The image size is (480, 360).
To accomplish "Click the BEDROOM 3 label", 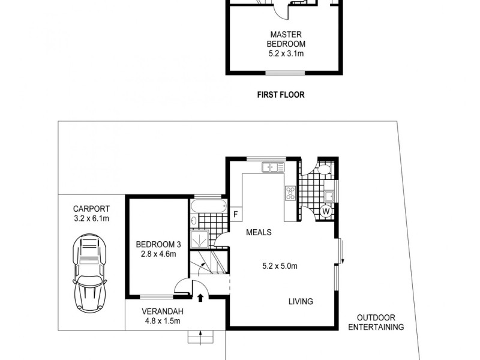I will coord(158,244).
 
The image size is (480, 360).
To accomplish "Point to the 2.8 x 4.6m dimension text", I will coord(158,254).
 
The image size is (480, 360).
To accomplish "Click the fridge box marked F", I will coord(236,214).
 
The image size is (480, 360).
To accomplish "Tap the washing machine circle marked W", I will coord(325,211).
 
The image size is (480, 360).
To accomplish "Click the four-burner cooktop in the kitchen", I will coord(290,193).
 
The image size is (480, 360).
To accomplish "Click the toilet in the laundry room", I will coord(325,170).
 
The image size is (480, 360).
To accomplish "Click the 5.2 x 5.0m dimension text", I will coord(280,266).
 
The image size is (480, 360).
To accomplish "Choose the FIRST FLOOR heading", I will coord(281,94).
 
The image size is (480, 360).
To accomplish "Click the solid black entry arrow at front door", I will coord(200,296).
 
